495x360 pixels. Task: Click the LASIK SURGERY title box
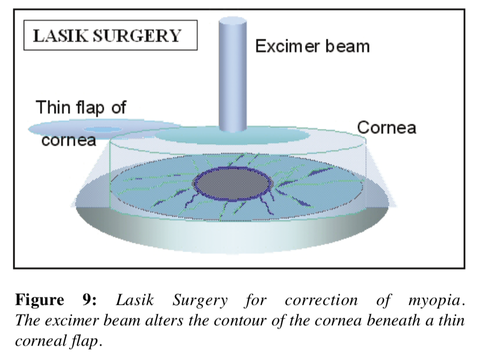click(x=110, y=35)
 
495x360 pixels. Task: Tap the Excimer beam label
click(x=312, y=46)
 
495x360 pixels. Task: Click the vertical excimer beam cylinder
click(x=233, y=80)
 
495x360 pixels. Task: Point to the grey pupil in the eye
click(x=232, y=184)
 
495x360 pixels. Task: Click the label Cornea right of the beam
click(x=386, y=128)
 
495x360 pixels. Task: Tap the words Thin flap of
click(x=82, y=107)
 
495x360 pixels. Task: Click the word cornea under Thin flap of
click(x=69, y=141)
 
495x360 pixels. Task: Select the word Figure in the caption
click(x=40, y=300)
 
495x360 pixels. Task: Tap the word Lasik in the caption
click(x=135, y=300)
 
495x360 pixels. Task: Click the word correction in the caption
click(x=321, y=300)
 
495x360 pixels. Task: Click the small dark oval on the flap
click(x=102, y=129)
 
